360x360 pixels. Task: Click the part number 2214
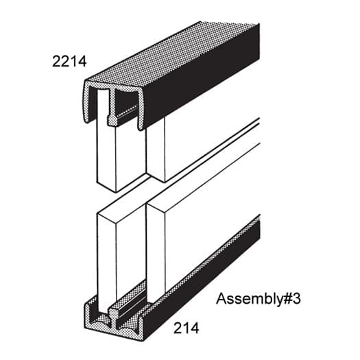69,62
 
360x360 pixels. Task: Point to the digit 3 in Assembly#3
296,300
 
